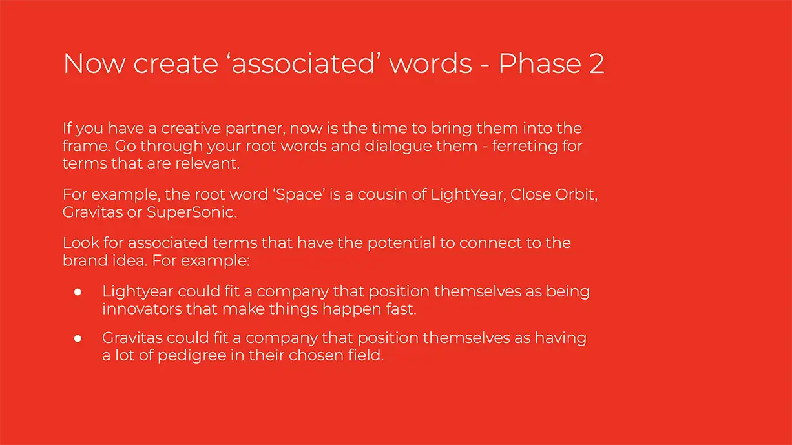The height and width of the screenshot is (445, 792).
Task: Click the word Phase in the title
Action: tap(539, 63)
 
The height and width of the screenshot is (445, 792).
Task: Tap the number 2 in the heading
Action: tap(597, 64)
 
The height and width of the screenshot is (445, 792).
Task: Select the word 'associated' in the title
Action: tap(303, 63)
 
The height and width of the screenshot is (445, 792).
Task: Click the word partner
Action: tap(255, 129)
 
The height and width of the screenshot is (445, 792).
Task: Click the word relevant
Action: tap(207, 163)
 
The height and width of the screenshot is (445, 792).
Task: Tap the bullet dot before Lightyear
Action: tap(78, 292)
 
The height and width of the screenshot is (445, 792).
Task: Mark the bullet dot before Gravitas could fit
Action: tap(78, 338)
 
